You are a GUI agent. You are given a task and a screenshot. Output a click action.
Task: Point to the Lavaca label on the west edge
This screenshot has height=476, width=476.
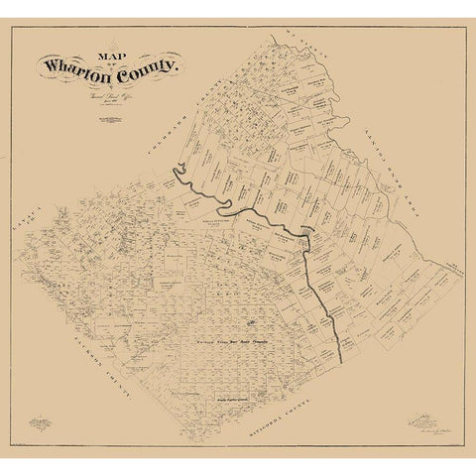(27, 235)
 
